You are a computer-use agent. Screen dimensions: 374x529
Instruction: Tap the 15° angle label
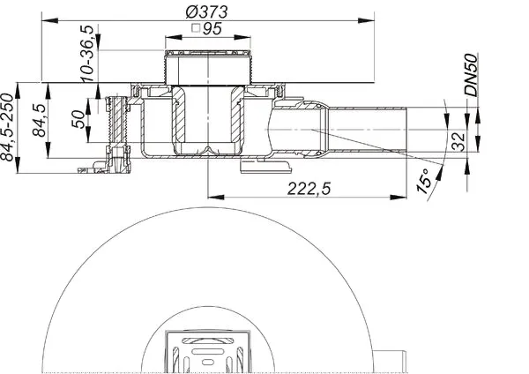point(425,182)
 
